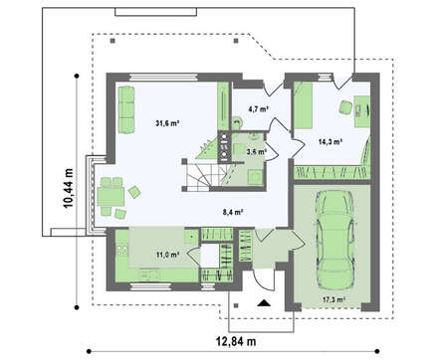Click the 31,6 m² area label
click(x=167, y=123)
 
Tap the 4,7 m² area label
click(x=258, y=108)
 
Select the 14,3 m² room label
click(x=330, y=142)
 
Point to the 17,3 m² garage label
click(x=333, y=299)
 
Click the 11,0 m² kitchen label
click(x=167, y=255)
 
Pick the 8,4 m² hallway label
click(x=234, y=212)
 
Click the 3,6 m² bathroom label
click(x=257, y=152)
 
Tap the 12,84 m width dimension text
click(x=236, y=341)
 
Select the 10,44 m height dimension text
click(x=69, y=188)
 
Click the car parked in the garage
click(x=333, y=241)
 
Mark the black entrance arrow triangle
click(x=264, y=302)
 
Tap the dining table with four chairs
click(x=111, y=197)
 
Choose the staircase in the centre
click(x=199, y=175)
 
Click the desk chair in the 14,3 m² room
click(x=346, y=107)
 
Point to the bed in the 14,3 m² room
click(x=304, y=105)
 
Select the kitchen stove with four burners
click(x=121, y=250)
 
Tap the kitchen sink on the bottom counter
click(x=150, y=274)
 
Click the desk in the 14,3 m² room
click(x=362, y=111)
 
